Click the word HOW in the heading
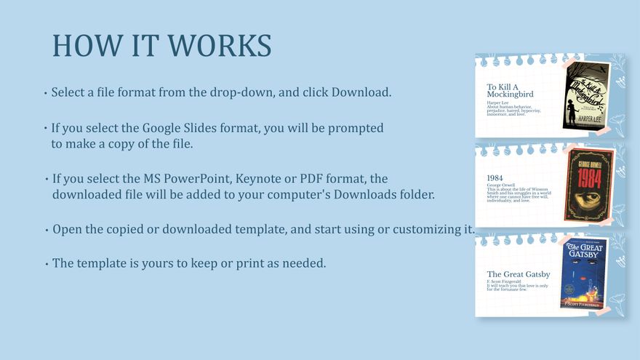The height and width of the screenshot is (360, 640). pyautogui.click(x=80, y=45)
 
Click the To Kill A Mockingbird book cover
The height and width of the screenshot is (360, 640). pyautogui.click(x=586, y=95)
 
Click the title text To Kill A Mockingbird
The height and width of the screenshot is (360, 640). pyautogui.click(x=510, y=90)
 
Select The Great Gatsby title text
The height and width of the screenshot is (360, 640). pyautogui.click(x=518, y=274)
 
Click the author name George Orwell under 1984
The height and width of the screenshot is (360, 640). pyautogui.click(x=500, y=185)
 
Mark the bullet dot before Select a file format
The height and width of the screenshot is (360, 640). pyautogui.click(x=46, y=93)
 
